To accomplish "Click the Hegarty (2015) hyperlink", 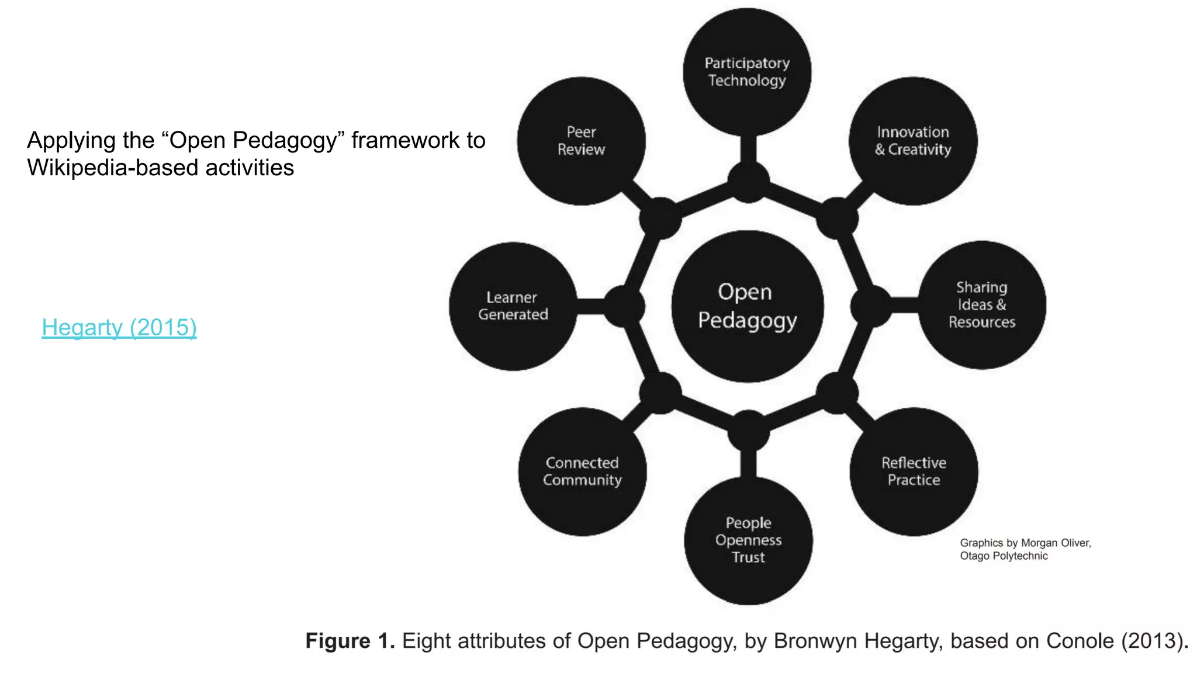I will [x=119, y=327].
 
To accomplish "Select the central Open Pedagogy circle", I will [x=748, y=306].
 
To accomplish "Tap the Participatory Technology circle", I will [x=747, y=72].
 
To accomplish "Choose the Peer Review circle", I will [x=581, y=141].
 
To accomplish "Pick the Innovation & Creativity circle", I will [x=913, y=141].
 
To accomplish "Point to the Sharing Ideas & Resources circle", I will [x=982, y=304].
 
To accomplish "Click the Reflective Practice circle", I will [x=914, y=471].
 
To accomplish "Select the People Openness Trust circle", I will [x=748, y=540].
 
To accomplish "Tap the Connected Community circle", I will [x=582, y=471].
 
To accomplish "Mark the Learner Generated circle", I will [x=513, y=306].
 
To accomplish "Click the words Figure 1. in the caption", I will [x=350, y=641].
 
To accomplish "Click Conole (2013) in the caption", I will [x=1116, y=641].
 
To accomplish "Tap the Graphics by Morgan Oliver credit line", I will [x=1025, y=543].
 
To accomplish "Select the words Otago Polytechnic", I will [x=1004, y=556].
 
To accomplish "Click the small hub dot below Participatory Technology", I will [x=748, y=182].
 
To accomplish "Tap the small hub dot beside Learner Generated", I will [x=624, y=306].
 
